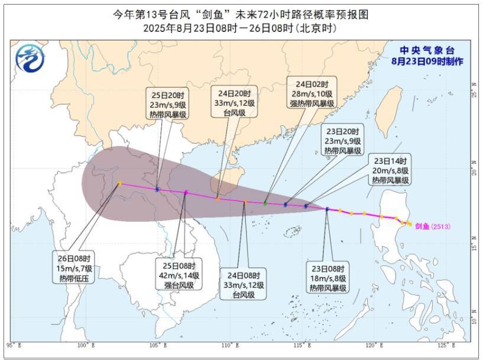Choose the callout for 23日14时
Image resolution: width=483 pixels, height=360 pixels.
coord(391,170)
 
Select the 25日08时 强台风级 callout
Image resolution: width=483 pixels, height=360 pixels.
coord(179,275)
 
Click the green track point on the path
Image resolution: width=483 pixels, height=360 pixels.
coord(265,203)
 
